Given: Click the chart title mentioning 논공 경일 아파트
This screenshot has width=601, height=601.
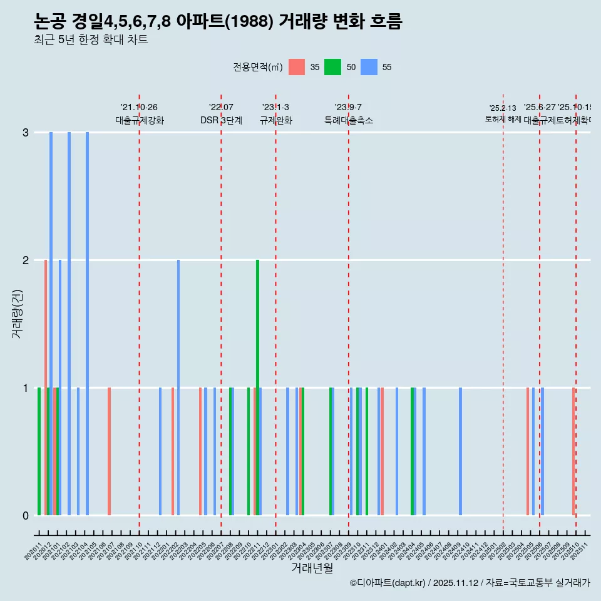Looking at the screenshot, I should (218, 21).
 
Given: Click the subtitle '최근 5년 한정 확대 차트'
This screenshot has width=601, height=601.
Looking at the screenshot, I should (91, 41).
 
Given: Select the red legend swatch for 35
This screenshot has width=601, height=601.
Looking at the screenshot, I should (297, 67).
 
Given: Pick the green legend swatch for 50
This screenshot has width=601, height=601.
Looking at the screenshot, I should (332, 67).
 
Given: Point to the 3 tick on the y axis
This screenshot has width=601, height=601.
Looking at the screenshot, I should (26, 133).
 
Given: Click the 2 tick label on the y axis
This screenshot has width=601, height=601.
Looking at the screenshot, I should (26, 260).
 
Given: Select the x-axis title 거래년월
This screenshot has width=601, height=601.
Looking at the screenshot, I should (312, 568).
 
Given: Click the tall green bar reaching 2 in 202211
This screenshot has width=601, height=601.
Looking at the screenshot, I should (257, 388).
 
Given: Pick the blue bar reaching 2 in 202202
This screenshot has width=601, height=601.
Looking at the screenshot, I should (178, 388).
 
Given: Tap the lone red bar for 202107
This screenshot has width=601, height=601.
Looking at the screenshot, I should (110, 451).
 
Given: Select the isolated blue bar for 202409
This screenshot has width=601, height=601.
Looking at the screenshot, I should (460, 451).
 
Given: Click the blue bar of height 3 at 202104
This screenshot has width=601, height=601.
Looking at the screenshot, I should (87, 324).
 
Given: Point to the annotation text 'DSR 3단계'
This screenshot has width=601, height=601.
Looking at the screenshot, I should (221, 120).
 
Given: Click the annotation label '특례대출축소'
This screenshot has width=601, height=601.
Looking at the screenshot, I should (348, 120).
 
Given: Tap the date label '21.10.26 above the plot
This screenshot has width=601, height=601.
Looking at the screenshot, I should (139, 108).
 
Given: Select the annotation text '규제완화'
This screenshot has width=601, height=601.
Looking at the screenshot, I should (275, 120).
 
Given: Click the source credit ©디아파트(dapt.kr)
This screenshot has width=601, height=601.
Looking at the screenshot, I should (388, 583).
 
